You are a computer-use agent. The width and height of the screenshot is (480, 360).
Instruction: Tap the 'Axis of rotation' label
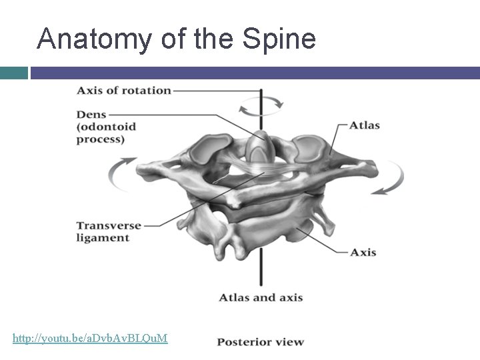pyautogui.click(x=123, y=90)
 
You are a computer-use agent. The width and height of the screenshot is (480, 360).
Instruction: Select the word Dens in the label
pyautogui.click(x=91, y=115)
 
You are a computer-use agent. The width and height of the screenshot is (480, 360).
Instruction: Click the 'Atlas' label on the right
pyautogui.click(x=365, y=125)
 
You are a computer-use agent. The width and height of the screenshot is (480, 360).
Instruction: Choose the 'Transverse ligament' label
pyautogui.click(x=109, y=231)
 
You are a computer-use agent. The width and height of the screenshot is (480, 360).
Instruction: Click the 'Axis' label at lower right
pyautogui.click(x=363, y=252)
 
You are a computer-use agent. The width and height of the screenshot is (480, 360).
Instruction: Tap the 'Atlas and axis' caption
pyautogui.click(x=261, y=297)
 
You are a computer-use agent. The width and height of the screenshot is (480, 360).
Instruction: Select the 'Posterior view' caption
pyautogui.click(x=260, y=342)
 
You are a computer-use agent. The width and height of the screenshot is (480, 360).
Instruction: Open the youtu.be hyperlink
pyautogui.click(x=90, y=339)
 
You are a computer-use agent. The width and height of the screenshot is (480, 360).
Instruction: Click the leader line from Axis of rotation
pyautogui.click(x=213, y=90)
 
